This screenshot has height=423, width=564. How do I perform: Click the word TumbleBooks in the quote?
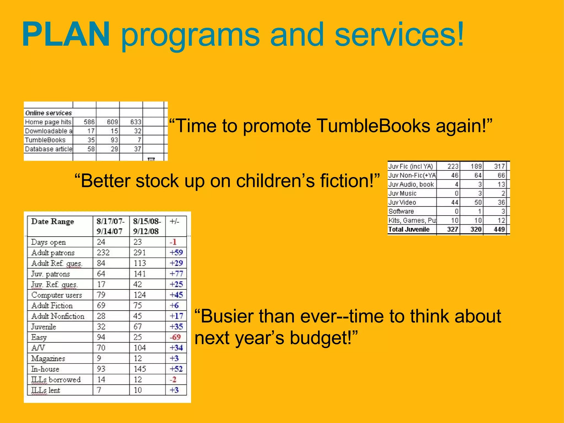[373, 126]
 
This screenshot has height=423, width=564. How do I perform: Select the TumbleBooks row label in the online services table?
[45, 140]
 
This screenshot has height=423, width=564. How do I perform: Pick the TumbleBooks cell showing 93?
[114, 140]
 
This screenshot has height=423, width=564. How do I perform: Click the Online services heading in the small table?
[48, 113]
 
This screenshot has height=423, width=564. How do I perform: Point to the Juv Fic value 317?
[499, 166]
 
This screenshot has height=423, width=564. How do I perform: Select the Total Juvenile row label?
[409, 229]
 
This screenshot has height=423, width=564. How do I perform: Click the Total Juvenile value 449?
[499, 229]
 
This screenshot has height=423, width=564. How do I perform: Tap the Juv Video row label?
[402, 202]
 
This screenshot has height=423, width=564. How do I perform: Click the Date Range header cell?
[53, 222]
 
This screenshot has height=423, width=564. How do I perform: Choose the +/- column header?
[174, 221]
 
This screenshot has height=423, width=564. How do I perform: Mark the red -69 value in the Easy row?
[175, 337]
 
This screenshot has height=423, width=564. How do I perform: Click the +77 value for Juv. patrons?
[176, 274]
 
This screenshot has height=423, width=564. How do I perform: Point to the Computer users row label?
[56, 295]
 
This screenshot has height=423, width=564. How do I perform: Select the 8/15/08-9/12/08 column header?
[147, 226]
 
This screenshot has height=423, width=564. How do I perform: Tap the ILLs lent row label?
[45, 390]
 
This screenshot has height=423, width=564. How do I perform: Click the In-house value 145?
[140, 369]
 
